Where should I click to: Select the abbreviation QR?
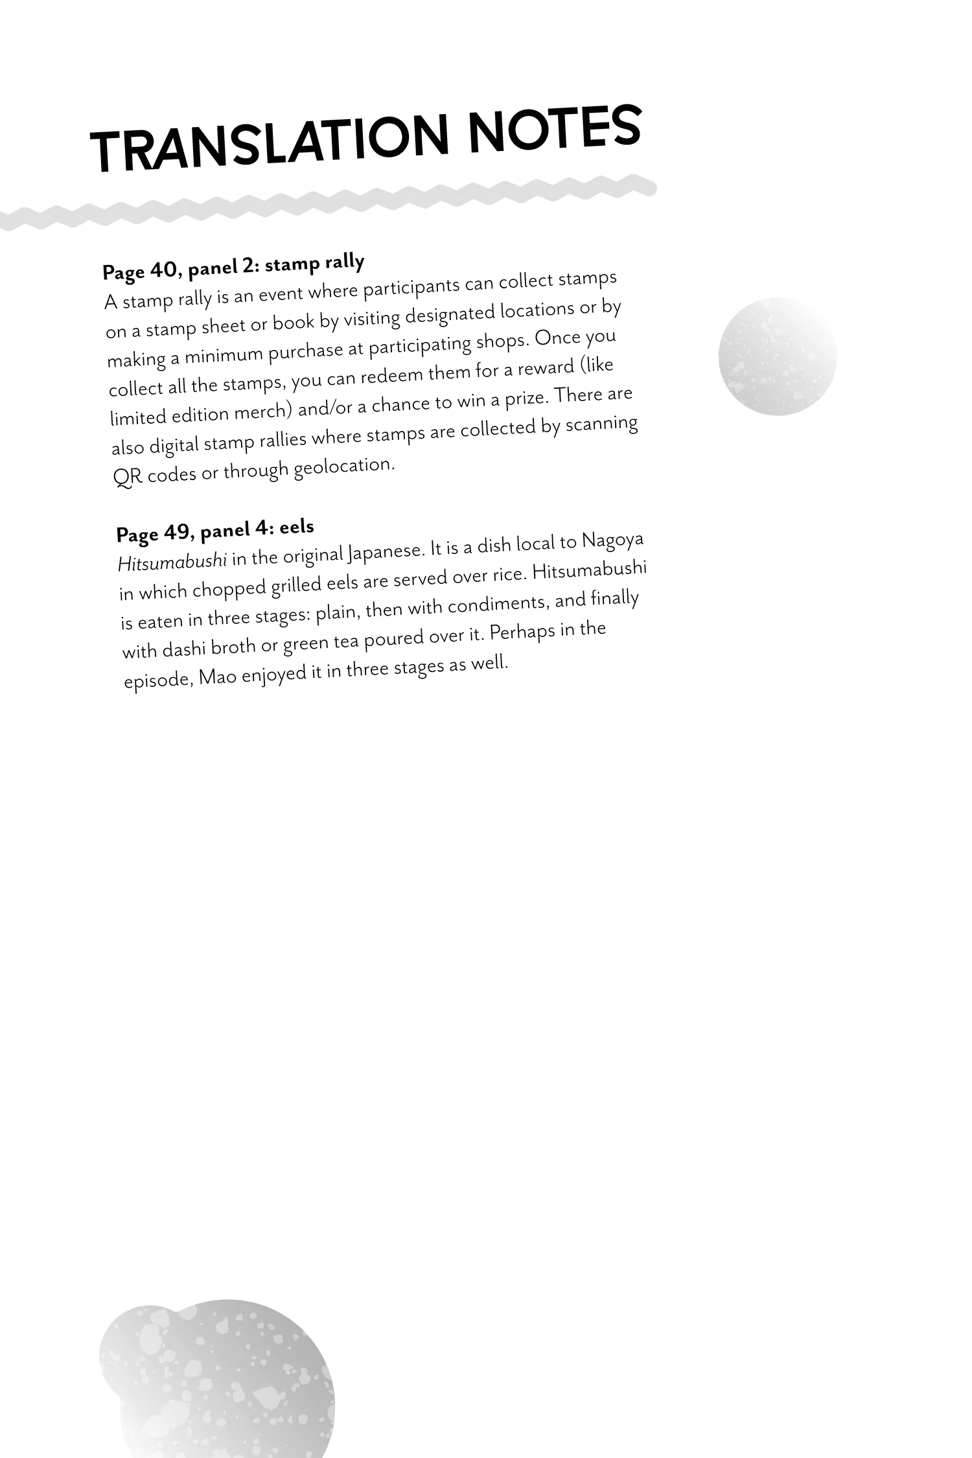click(x=128, y=478)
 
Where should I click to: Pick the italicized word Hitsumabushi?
click(x=172, y=561)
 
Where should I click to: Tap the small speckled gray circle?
click(x=777, y=356)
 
